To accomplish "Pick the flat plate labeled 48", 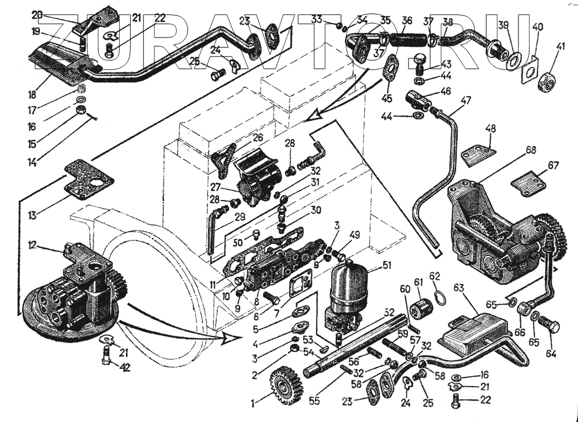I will tap(479, 154).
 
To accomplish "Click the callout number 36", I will tap(406, 21).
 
